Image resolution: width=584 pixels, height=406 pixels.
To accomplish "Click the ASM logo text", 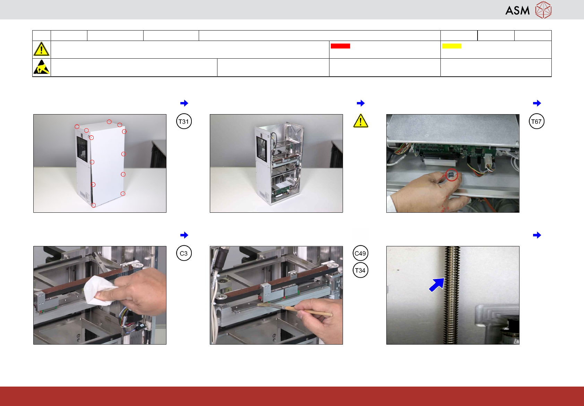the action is click(x=517, y=11).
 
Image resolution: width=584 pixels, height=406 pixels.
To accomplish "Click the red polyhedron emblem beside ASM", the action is click(x=543, y=10).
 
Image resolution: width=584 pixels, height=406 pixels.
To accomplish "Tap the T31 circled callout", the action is click(x=184, y=121).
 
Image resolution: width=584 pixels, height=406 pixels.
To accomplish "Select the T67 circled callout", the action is click(x=536, y=121).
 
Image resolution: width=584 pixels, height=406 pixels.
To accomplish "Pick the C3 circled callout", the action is click(x=184, y=253).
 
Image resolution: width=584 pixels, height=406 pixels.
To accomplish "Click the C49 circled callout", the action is click(x=360, y=253).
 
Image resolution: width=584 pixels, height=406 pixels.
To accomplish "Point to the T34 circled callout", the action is click(x=360, y=270).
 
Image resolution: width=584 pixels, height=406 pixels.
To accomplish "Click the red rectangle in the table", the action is click(x=340, y=46).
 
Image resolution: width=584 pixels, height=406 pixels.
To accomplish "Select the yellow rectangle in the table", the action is click(x=452, y=46).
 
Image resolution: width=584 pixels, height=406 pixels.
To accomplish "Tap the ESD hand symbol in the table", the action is click(x=42, y=67).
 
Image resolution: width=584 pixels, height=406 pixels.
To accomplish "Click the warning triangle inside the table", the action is click(x=42, y=49).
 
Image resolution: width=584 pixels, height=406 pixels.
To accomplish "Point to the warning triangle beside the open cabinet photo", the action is click(x=361, y=121).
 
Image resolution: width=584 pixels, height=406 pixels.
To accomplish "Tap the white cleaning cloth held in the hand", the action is click(x=99, y=290).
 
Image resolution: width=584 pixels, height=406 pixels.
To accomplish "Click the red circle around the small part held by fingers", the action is click(x=452, y=175).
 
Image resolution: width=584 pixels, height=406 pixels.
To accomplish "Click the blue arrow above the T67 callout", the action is click(x=537, y=103).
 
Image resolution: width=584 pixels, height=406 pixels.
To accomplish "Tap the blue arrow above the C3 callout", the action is click(x=184, y=235).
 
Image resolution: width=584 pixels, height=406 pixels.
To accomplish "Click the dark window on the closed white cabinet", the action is click(x=82, y=149).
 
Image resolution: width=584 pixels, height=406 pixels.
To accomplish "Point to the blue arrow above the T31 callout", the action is click(x=184, y=103).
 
